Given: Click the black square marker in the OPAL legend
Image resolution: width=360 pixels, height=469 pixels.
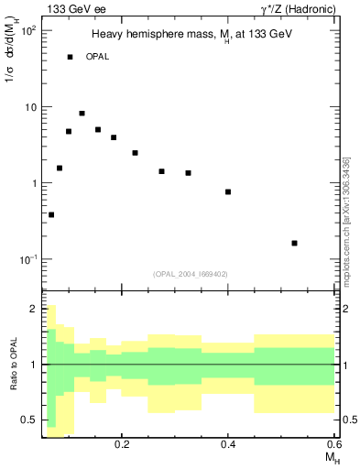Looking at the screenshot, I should pos(70,57).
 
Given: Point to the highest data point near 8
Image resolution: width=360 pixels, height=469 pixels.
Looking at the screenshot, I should pos(82,114).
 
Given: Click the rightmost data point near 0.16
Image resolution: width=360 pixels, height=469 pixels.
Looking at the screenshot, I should pos(294,243).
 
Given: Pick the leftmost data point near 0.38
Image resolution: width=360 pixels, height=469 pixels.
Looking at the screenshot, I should pos(51,215).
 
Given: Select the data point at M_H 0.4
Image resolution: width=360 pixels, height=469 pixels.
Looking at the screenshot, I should pos(228,191).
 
